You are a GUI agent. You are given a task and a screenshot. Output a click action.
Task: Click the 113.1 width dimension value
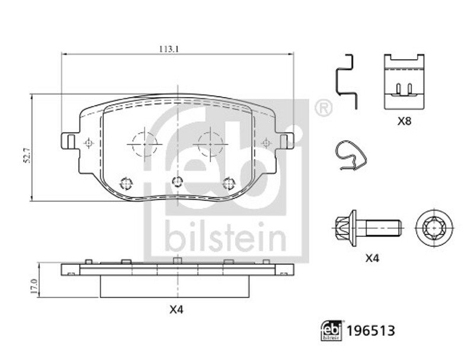(x=169, y=49)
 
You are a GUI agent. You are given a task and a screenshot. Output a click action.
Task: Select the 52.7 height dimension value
(x=27, y=156)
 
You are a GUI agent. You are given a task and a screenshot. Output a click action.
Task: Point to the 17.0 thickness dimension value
(x=34, y=287)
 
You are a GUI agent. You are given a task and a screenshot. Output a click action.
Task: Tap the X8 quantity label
(x=404, y=121)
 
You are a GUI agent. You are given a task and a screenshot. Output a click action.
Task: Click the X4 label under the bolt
(x=372, y=258)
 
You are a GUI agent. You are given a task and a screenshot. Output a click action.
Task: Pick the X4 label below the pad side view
(x=176, y=310)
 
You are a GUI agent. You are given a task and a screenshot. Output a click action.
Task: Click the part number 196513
(x=371, y=331)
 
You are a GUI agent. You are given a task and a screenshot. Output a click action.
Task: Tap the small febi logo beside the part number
(x=332, y=331)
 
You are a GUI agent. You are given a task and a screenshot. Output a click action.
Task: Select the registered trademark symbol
(x=324, y=108)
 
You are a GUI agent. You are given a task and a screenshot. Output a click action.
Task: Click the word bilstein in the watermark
(x=226, y=237)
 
